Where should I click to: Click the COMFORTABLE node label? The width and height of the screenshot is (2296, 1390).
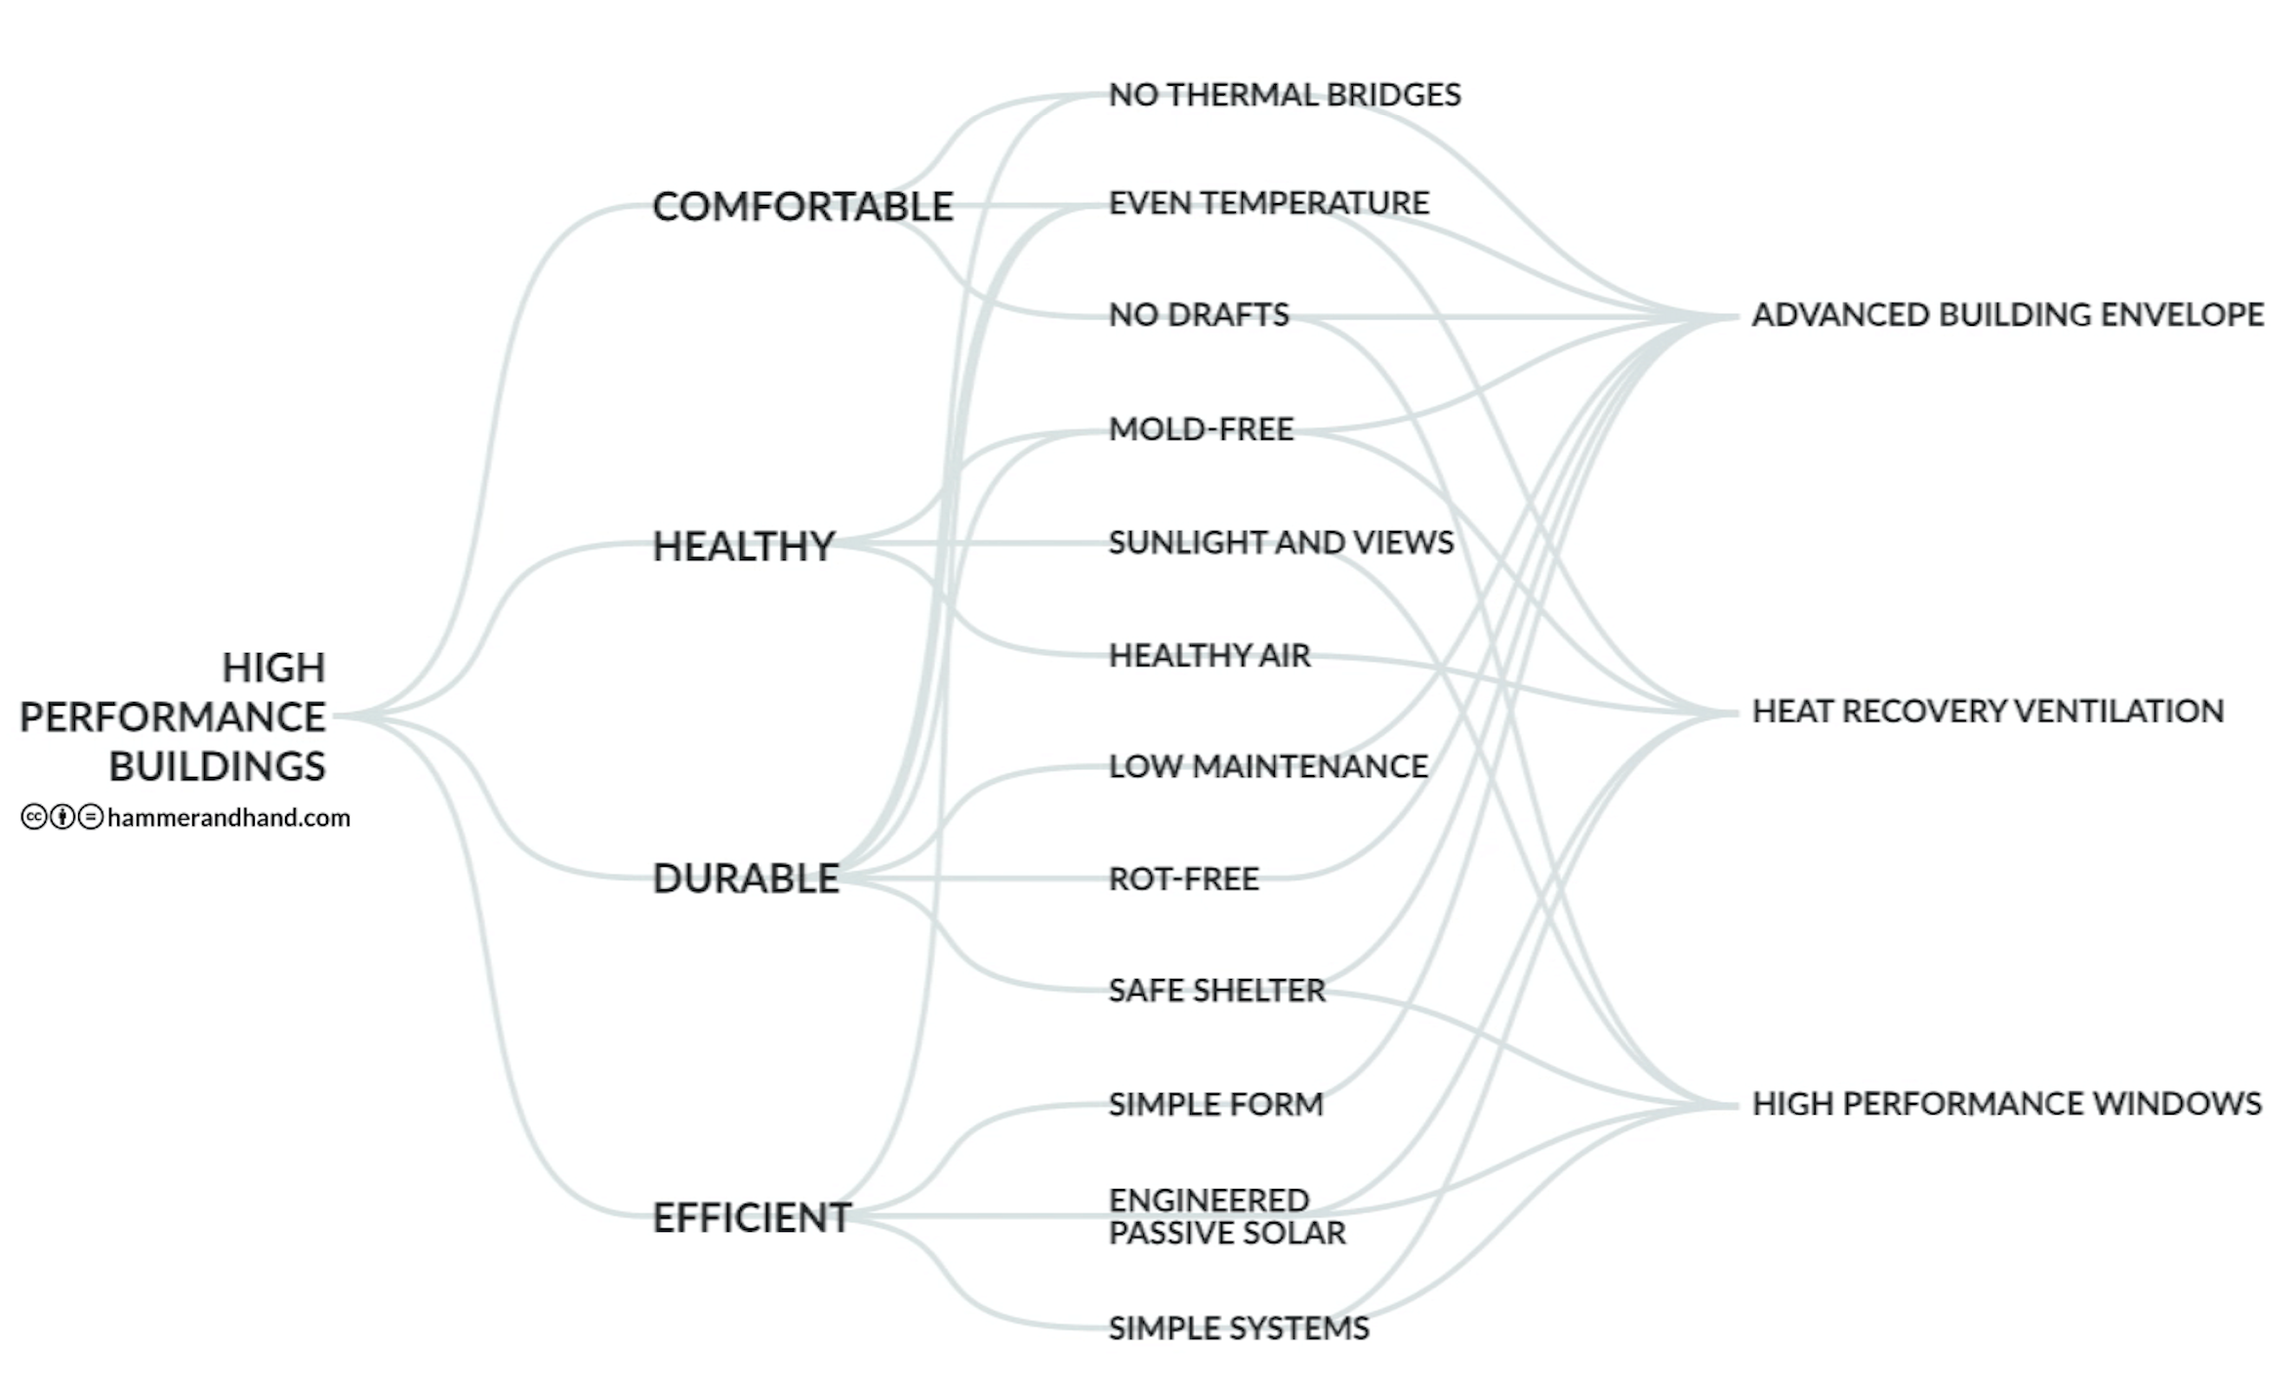tap(802, 207)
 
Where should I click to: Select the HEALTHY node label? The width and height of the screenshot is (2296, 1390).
tap(744, 546)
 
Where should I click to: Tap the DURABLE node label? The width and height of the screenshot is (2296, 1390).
tap(746, 879)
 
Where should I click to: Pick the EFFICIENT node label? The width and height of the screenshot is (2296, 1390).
tap(752, 1217)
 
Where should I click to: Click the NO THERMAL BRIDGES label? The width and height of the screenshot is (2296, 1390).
tap(1285, 95)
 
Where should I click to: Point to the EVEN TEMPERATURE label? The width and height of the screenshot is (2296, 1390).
tap(1269, 203)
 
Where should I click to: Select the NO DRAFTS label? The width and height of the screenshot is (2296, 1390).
tap(1199, 314)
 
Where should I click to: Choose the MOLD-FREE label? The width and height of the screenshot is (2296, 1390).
tap(1201, 429)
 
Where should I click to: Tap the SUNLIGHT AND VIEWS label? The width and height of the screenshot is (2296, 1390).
tap(1281, 542)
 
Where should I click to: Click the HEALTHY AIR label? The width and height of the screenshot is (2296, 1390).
tap(1209, 655)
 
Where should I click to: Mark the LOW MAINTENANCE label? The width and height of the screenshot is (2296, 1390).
tap(1268, 766)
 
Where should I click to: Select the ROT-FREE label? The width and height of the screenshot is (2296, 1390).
tap(1183, 879)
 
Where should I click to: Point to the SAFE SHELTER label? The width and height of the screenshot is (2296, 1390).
tap(1216, 990)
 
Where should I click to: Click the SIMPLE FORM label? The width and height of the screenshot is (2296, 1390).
tap(1215, 1104)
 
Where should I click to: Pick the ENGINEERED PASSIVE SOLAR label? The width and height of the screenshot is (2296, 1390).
tap(1227, 1216)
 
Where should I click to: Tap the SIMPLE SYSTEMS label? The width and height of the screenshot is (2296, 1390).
tap(1239, 1328)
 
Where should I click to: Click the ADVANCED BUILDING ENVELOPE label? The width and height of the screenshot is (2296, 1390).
tap(2007, 314)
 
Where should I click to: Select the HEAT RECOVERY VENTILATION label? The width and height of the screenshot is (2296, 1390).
tap(1988, 711)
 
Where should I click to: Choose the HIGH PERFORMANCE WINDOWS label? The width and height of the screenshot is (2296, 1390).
tap(2006, 1103)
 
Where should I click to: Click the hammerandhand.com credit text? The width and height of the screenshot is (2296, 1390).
tap(228, 817)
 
